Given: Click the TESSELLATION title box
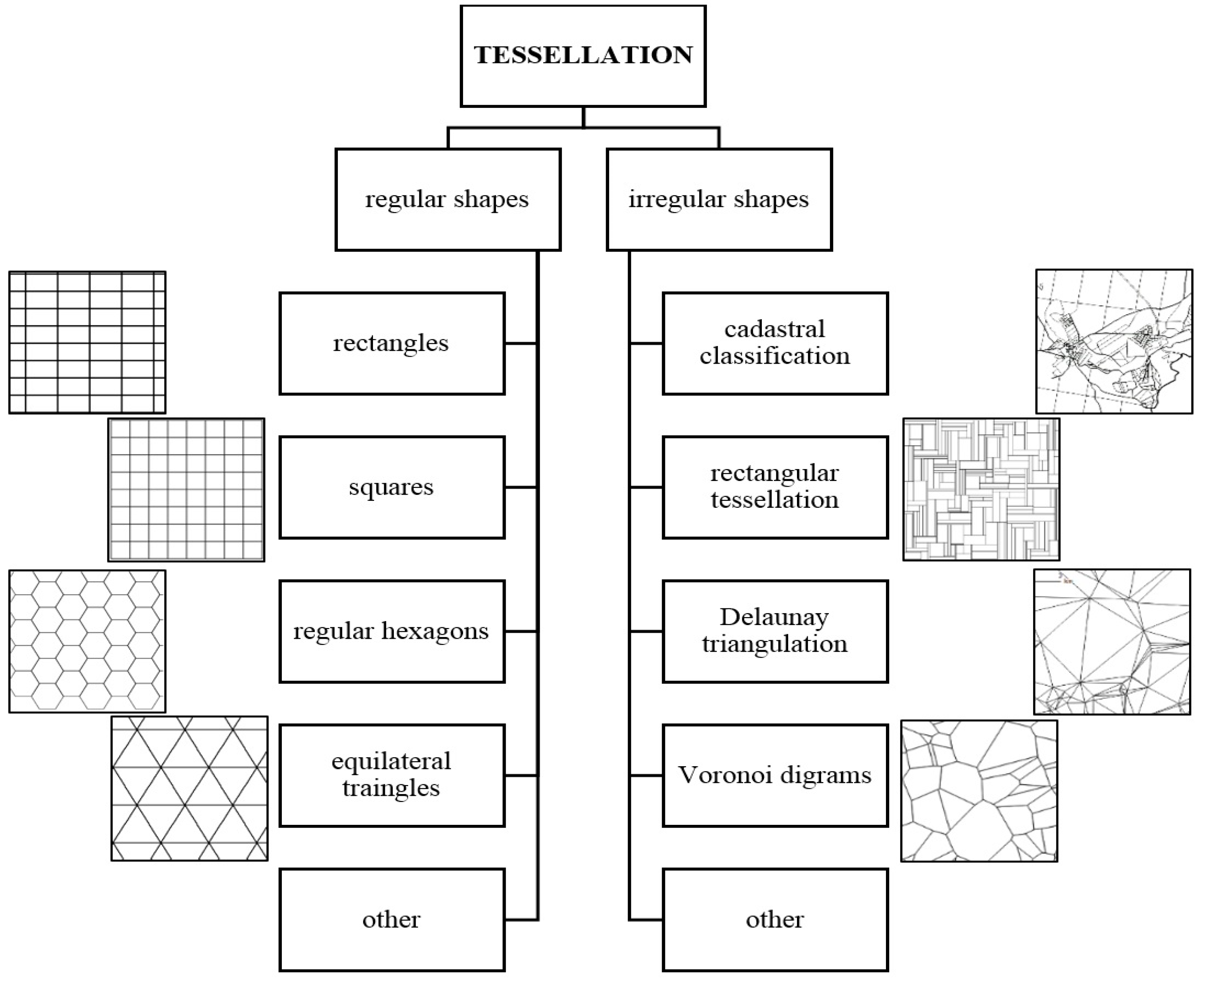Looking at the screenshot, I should click(x=583, y=55).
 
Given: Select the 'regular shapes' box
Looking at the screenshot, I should click(x=448, y=199).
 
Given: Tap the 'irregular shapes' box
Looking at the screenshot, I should click(x=719, y=199).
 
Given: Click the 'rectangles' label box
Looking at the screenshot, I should click(x=392, y=343).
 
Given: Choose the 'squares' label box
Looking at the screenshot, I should click(x=392, y=487).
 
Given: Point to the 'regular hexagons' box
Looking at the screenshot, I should click(x=392, y=631).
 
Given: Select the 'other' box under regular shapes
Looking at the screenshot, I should click(x=392, y=920).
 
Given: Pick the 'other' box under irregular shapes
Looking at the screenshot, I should click(x=775, y=920).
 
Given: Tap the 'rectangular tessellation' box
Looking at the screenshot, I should click(x=775, y=487).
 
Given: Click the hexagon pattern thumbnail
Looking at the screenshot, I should click(x=87, y=641).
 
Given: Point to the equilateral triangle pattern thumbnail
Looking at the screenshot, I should click(x=189, y=788).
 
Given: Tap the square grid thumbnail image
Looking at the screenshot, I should click(x=186, y=490).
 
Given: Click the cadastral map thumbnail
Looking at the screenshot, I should click(x=1114, y=341).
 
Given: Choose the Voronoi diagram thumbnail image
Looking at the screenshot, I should click(x=979, y=791).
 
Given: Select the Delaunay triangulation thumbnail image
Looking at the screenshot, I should click(x=1112, y=642).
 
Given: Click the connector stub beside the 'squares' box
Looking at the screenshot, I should click(x=521, y=487).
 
